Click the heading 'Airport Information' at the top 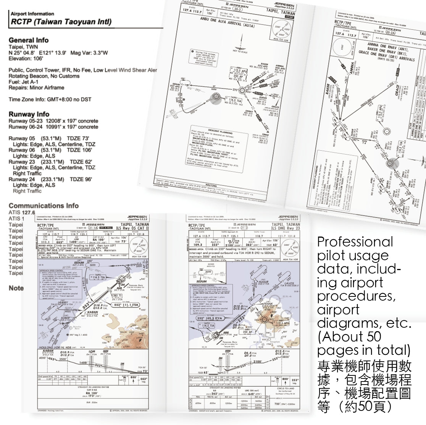(32, 14)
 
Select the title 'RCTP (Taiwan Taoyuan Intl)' (61, 22)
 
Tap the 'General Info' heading (29, 40)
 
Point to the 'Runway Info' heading (29, 114)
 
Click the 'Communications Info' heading (44, 206)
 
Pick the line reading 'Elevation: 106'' (25, 58)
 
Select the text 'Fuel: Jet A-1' (23, 82)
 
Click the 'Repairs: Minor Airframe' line (36, 87)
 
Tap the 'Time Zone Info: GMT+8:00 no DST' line (50, 100)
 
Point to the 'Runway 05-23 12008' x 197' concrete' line (53, 121)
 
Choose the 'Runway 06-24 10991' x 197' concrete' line (53, 127)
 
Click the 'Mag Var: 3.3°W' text (89, 53)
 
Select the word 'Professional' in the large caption (355, 242)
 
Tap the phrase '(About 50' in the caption (349, 336)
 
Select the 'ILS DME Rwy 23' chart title (286, 228)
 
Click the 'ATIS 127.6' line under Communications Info (22, 213)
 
